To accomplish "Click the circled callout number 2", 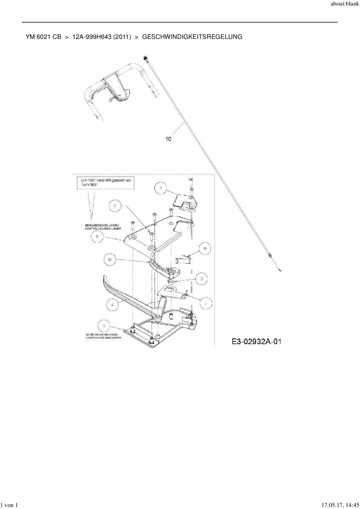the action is point(115,206).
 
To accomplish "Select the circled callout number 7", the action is point(161,188).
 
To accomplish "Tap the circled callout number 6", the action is point(97,237).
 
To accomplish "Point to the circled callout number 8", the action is point(110,259).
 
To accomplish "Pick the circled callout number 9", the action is point(205,249).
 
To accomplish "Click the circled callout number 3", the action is point(202,279).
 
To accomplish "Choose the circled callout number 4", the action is point(112,304).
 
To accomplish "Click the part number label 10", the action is point(168,139).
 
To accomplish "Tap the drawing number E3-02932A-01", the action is point(256,342).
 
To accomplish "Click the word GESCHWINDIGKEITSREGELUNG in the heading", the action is point(192,37).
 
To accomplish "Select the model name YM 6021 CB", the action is point(43,37).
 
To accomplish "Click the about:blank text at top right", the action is point(345,5).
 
